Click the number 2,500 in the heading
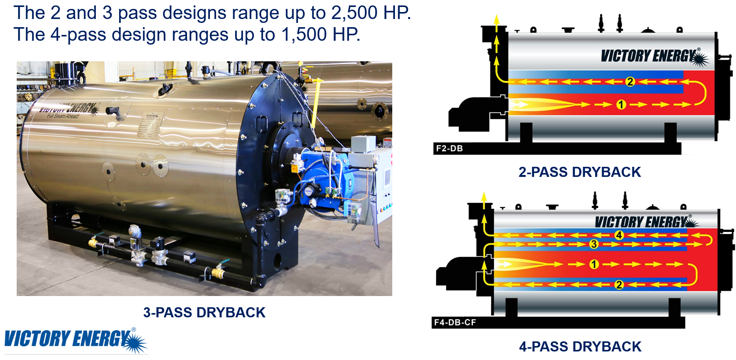[x=354, y=13]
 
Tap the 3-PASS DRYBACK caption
[x=204, y=312]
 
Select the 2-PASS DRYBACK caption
[x=580, y=172]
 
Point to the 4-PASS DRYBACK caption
[x=580, y=346]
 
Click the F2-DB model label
[x=449, y=148]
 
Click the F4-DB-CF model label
[x=455, y=322]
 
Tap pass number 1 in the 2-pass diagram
[x=621, y=104]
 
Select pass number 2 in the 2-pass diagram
[x=630, y=81]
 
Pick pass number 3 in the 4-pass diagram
[x=594, y=244]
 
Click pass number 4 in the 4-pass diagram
[x=619, y=235]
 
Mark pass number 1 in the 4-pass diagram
[x=594, y=264]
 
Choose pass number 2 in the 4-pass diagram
[x=619, y=285]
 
